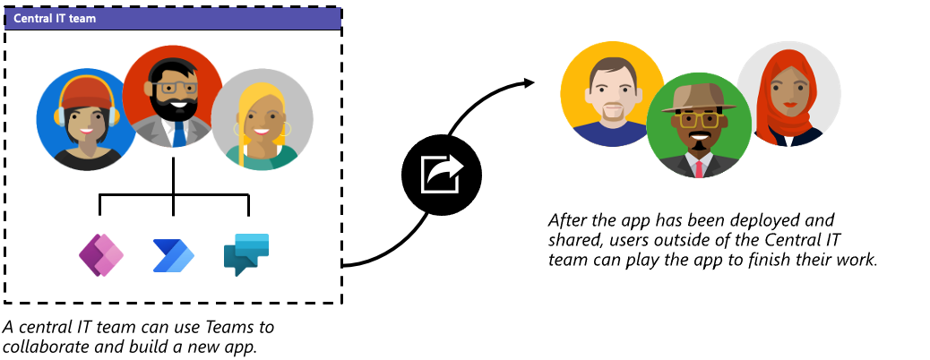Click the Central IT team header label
click(x=55, y=18)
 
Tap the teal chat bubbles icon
click(x=246, y=253)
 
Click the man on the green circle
click(x=698, y=126)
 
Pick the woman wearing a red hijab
click(x=788, y=95)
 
